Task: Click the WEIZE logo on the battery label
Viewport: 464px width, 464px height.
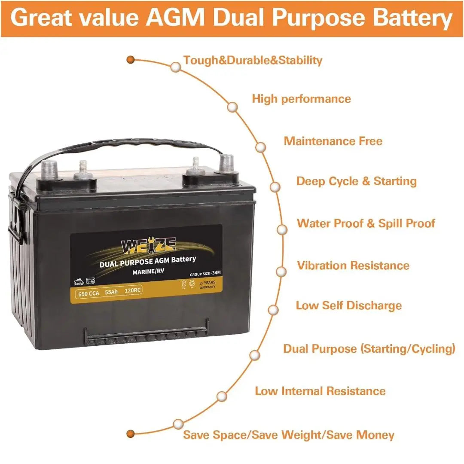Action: (x=149, y=247)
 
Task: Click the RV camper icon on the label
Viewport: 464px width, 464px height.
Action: (x=90, y=281)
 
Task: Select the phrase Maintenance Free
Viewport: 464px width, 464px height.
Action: (x=333, y=141)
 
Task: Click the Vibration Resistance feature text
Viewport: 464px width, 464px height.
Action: (x=353, y=266)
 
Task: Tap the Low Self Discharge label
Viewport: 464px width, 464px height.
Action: (x=348, y=305)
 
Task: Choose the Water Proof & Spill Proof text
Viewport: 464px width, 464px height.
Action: (x=366, y=223)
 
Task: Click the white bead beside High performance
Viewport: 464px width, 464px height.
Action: (x=233, y=107)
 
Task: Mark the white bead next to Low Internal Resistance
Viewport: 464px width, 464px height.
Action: (x=222, y=396)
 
